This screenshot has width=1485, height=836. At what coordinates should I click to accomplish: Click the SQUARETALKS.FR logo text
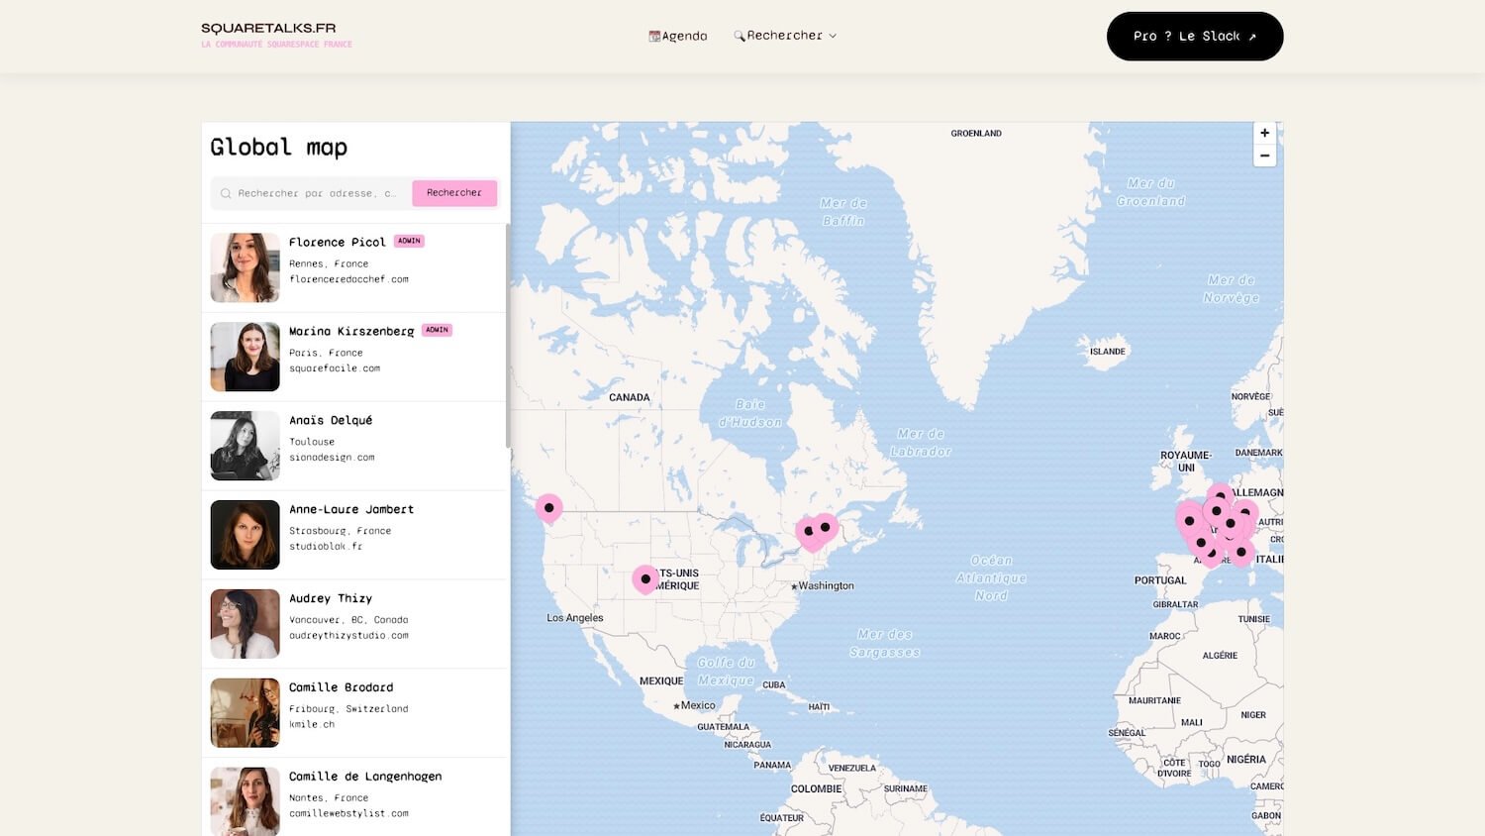click(x=268, y=29)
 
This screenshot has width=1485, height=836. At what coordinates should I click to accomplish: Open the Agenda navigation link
click(x=678, y=36)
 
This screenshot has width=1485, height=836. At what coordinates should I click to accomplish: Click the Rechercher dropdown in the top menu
click(x=786, y=36)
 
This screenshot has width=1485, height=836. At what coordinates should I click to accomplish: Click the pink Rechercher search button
click(x=454, y=193)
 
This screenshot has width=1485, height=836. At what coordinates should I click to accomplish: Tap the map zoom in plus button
click(x=1264, y=133)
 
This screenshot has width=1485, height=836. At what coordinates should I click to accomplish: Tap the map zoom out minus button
click(x=1264, y=156)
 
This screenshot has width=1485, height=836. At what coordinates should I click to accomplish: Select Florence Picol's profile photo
click(x=246, y=267)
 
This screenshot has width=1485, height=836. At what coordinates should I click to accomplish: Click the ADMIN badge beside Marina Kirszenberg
click(x=437, y=330)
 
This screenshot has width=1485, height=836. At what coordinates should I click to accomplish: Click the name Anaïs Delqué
click(x=331, y=420)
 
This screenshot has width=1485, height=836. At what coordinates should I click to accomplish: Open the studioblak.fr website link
click(x=326, y=546)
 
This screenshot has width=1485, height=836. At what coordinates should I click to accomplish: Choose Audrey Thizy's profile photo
click(x=246, y=624)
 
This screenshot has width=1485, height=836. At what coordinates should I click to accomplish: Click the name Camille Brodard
click(x=341, y=687)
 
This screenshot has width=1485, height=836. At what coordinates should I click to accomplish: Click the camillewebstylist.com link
click(x=348, y=813)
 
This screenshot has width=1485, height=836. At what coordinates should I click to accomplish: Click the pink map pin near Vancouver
click(x=548, y=508)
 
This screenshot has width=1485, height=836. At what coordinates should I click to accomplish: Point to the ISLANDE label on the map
click(x=1107, y=352)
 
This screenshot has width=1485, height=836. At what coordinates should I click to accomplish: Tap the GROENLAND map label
click(x=976, y=134)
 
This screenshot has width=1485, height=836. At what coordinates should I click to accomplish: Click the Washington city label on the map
click(x=826, y=586)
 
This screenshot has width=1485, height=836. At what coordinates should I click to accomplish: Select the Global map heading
click(x=279, y=148)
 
